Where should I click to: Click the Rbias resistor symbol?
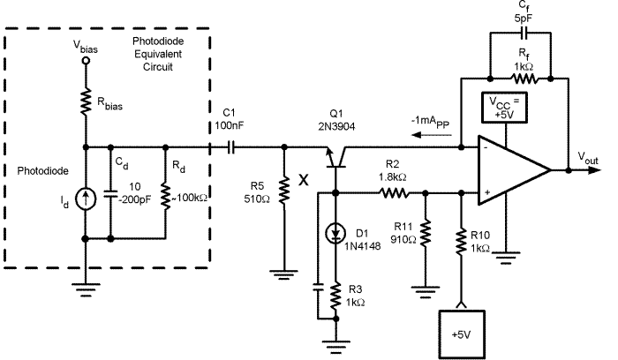(x=86, y=101)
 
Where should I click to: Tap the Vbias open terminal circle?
(x=86, y=61)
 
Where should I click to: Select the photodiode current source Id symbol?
(x=85, y=199)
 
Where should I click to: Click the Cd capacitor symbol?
(x=110, y=193)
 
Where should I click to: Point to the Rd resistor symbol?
(x=166, y=196)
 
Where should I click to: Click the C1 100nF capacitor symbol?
(x=231, y=147)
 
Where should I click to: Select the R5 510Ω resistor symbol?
(x=284, y=191)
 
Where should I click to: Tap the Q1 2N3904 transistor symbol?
(x=335, y=157)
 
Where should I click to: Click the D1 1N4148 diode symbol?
(x=335, y=233)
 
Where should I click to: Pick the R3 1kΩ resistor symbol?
(x=335, y=297)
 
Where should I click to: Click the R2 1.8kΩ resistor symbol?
(x=394, y=193)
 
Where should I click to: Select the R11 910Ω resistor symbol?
(x=425, y=234)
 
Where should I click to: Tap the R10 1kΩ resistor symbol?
(x=461, y=240)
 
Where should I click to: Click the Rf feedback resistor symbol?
(x=524, y=79)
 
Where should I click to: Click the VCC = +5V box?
(x=504, y=108)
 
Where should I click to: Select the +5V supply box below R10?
(x=462, y=334)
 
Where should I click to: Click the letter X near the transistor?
(x=304, y=180)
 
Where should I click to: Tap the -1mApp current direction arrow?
(x=431, y=135)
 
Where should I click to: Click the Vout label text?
(x=588, y=158)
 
